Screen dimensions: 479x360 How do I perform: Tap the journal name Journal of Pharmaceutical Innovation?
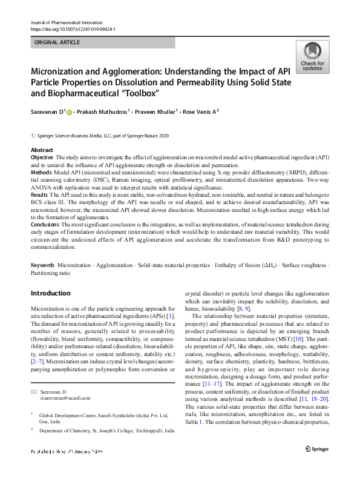point(69,22)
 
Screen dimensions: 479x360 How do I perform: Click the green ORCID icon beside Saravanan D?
point(69,112)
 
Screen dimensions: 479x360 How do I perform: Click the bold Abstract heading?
point(42,150)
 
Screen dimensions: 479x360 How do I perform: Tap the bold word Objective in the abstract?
point(43,157)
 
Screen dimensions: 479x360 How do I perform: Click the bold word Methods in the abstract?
point(42,171)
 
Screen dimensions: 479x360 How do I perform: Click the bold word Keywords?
point(43,266)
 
